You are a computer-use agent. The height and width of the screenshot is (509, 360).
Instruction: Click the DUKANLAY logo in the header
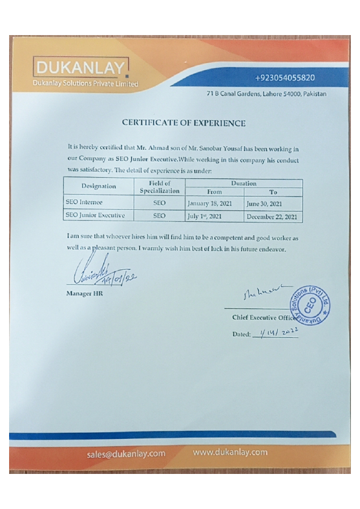82,68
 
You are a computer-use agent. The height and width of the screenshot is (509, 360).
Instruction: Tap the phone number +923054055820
285,78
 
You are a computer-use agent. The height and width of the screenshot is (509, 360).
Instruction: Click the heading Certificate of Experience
183,123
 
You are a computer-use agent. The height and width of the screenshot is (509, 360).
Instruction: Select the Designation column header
99,187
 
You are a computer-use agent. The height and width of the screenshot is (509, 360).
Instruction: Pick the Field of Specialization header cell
160,187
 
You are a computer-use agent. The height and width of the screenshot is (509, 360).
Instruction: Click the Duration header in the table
243,183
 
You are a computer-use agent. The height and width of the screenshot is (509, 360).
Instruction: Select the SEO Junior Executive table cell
94,215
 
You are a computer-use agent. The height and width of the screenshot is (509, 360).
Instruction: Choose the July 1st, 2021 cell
205,215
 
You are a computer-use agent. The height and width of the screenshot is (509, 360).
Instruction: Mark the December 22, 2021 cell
273,216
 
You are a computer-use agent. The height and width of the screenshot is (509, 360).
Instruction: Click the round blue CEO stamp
314,306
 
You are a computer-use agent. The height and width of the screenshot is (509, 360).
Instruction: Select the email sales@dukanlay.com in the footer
126,453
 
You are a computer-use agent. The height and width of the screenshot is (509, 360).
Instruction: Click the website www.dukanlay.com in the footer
230,452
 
